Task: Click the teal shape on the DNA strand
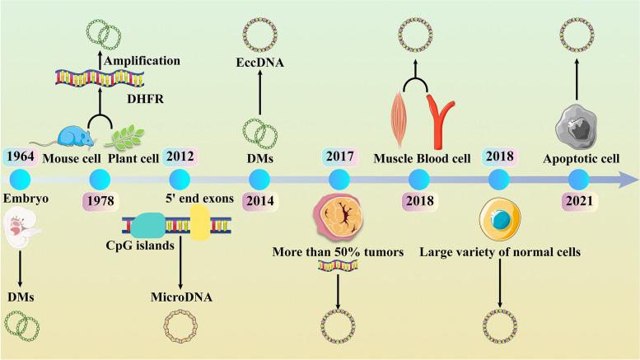147,224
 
